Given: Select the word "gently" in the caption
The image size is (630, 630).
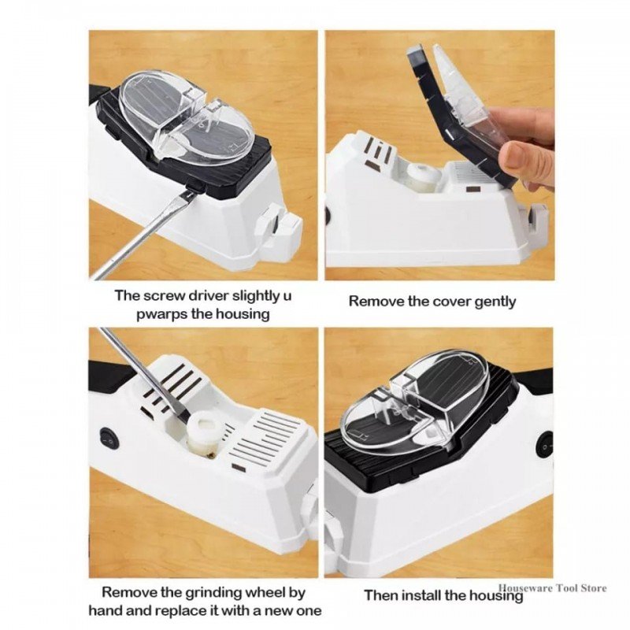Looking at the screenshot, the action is coord(495,302).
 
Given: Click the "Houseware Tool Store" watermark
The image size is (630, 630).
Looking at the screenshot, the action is coord(553,588).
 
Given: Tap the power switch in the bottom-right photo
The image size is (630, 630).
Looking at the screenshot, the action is coord(544,447).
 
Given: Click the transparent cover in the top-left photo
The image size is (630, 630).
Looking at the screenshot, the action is coord(186,117).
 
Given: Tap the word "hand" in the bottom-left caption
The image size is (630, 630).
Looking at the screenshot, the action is coord(106,611).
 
